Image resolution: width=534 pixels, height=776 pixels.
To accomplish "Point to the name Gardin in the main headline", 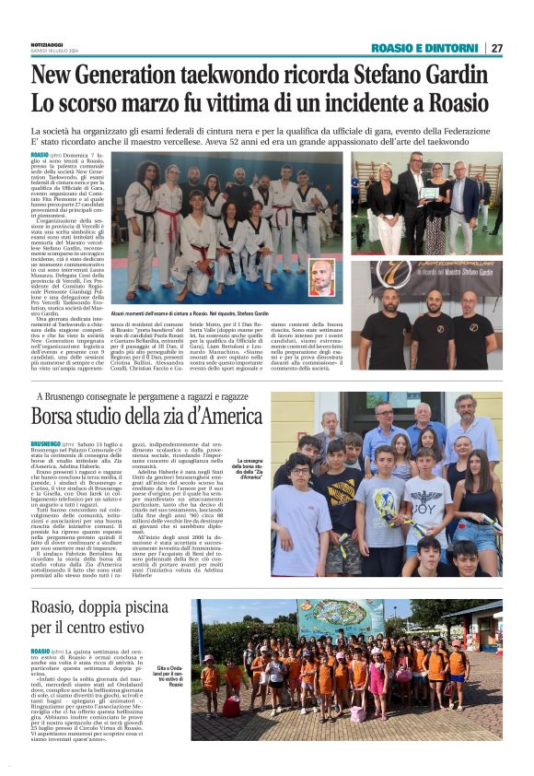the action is click(x=466, y=74).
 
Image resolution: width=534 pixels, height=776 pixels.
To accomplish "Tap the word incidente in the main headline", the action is click(x=379, y=101).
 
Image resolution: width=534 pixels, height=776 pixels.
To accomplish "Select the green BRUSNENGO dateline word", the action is click(x=51, y=443).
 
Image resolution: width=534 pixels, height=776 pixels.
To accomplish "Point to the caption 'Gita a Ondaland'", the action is click(x=173, y=674).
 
